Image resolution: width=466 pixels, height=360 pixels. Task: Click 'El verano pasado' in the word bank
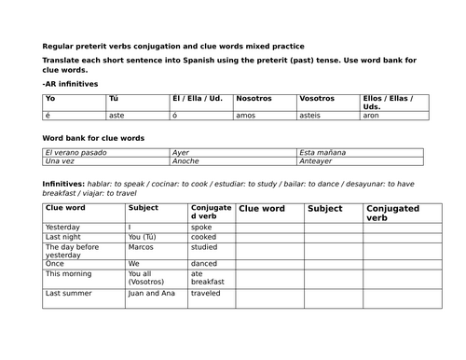point(75,152)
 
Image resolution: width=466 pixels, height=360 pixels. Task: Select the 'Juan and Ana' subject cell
point(150,293)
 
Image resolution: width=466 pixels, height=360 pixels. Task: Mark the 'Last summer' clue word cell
point(65,293)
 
